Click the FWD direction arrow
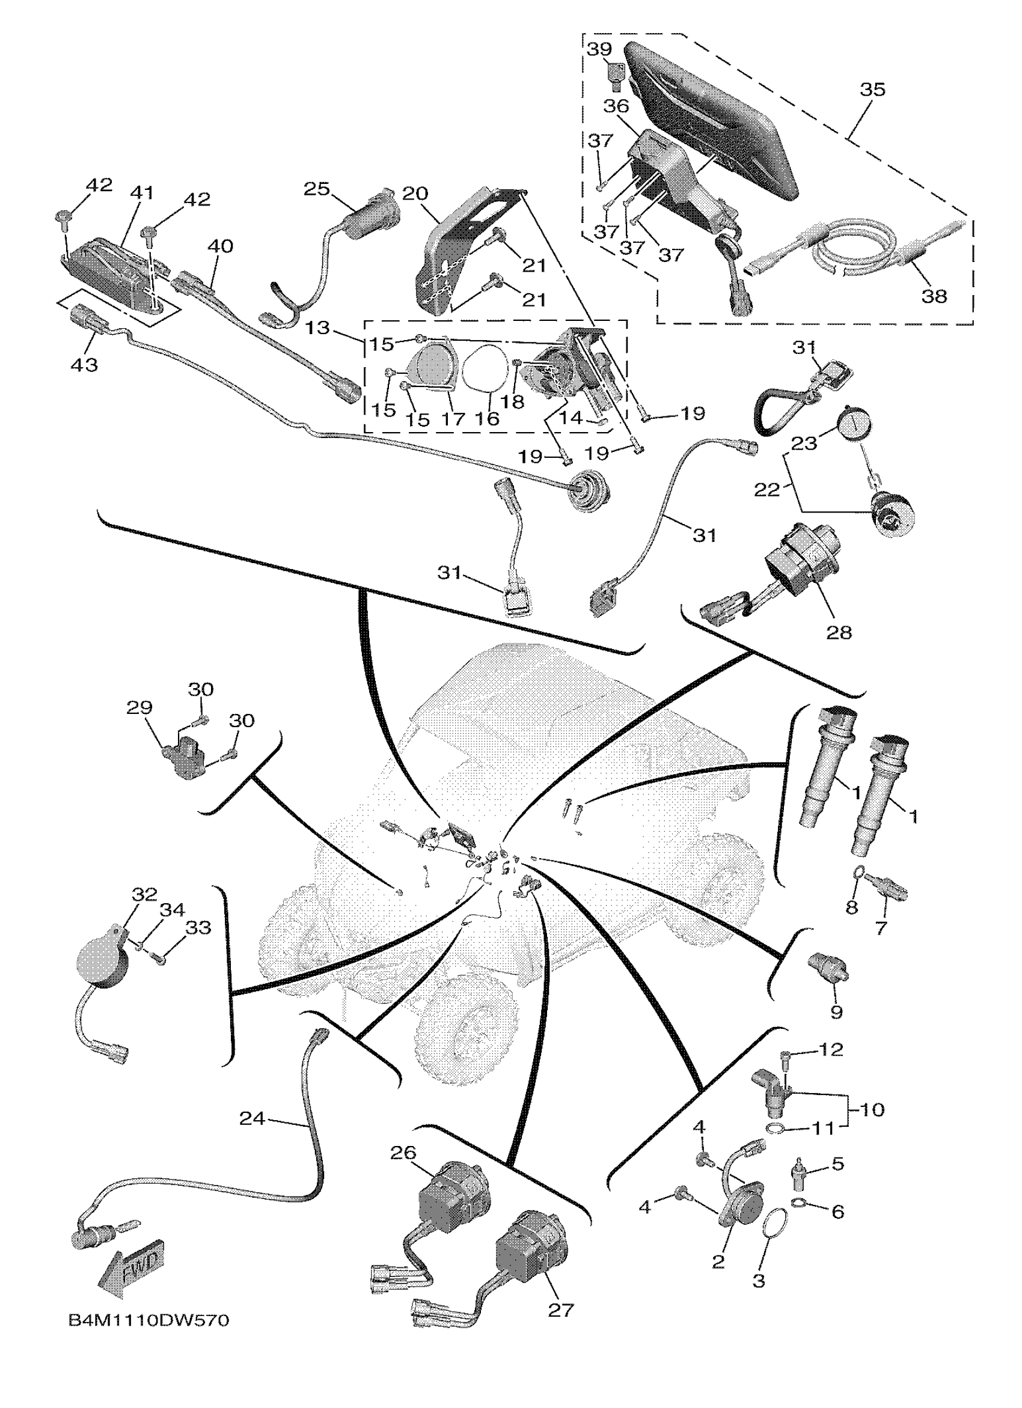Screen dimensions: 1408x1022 pyautogui.click(x=132, y=1269)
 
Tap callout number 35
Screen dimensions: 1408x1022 pyautogui.click(x=872, y=90)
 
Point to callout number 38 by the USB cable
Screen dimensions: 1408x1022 pyautogui.click(x=934, y=296)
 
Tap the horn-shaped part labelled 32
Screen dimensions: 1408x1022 pyautogui.click(x=102, y=975)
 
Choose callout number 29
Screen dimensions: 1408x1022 pyautogui.click(x=139, y=707)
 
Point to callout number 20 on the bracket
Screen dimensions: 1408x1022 pyautogui.click(x=415, y=194)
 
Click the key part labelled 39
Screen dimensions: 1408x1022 pyautogui.click(x=616, y=76)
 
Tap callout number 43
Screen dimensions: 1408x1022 pyautogui.click(x=84, y=364)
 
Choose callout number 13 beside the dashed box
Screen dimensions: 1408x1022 pyautogui.click(x=318, y=327)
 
